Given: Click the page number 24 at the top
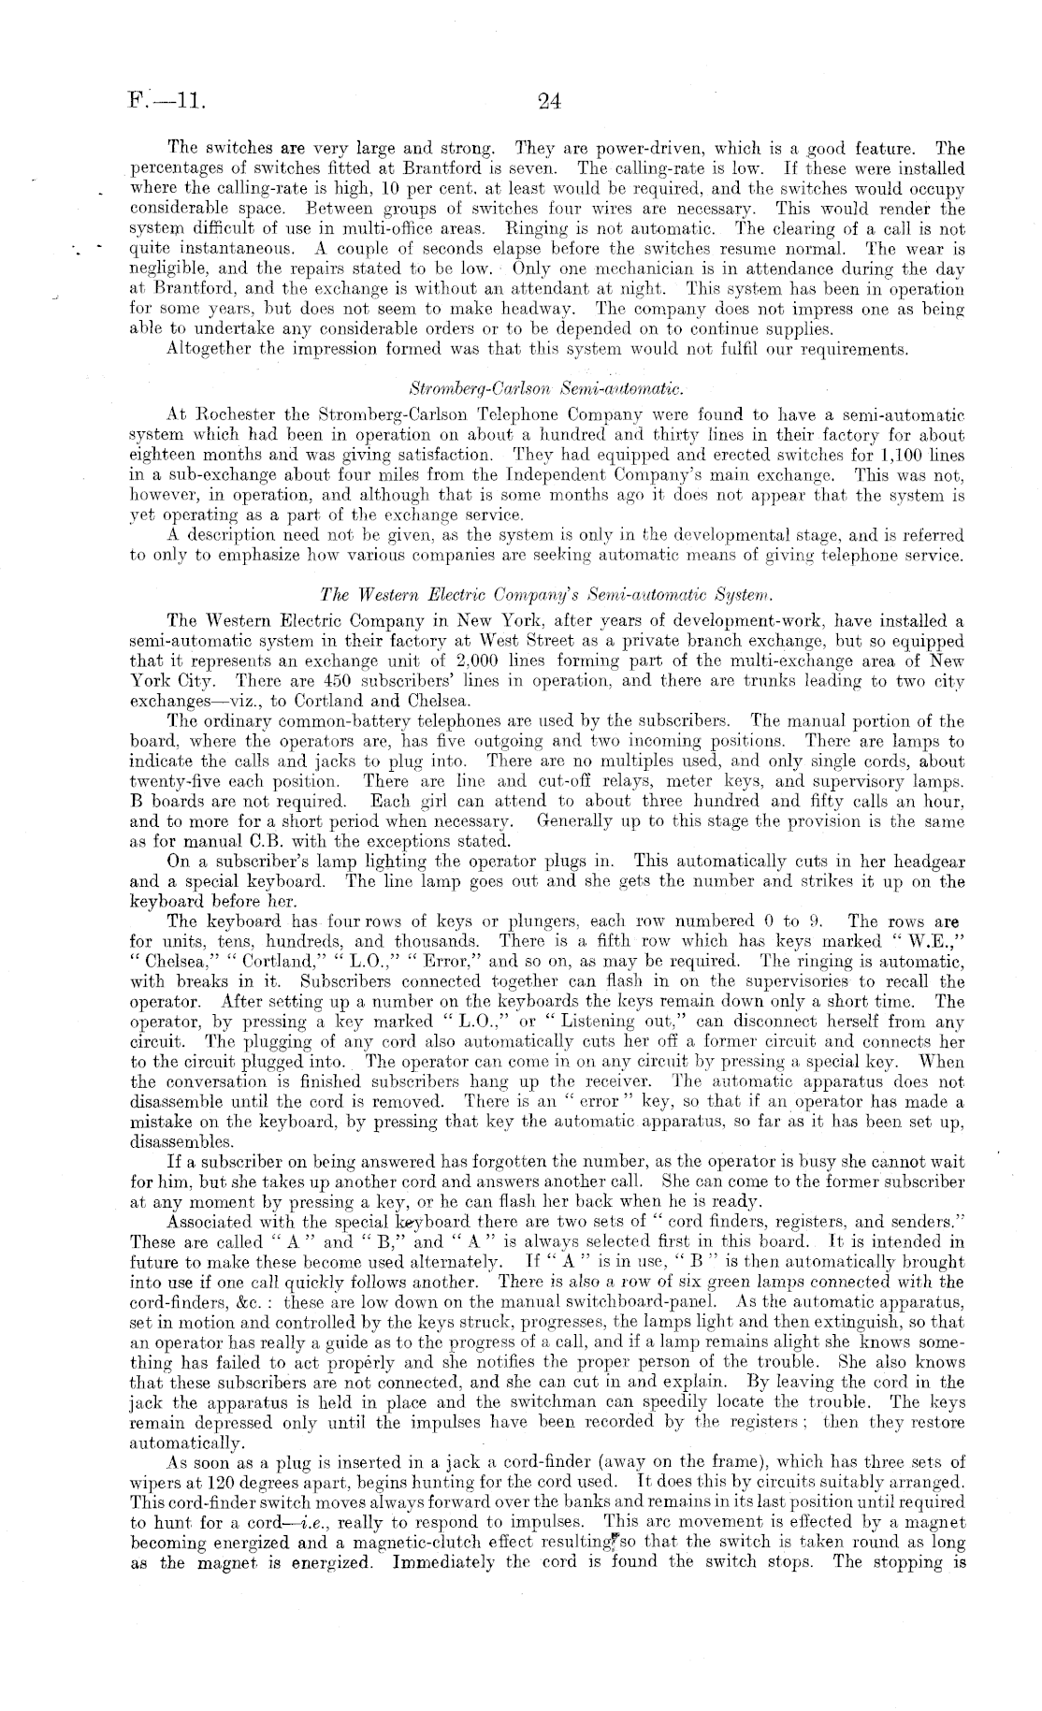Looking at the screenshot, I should pos(549,101).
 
